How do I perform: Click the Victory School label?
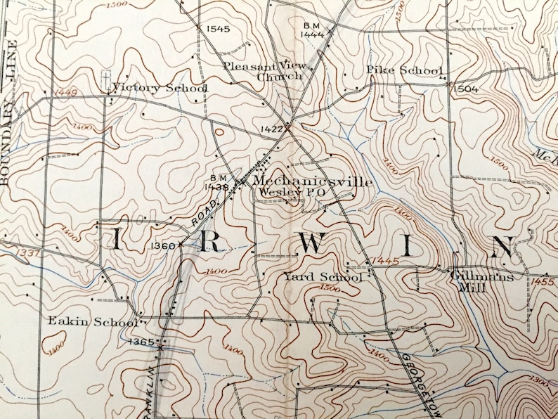tap(160, 89)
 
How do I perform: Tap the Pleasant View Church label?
tap(264, 71)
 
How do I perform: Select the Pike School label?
tap(404, 70)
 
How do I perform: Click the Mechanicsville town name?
tap(312, 181)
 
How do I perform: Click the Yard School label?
tap(323, 278)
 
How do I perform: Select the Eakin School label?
tap(91, 322)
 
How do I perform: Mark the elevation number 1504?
tap(465, 89)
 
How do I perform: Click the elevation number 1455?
tap(543, 282)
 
